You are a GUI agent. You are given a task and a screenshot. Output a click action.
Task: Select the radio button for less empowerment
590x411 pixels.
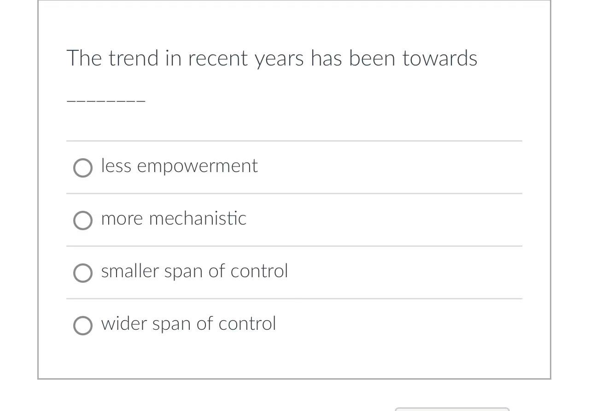coord(83,168)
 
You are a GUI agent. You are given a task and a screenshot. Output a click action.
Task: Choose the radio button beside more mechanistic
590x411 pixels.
coord(83,220)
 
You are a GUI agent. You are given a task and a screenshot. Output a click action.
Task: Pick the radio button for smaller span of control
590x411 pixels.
coord(83,273)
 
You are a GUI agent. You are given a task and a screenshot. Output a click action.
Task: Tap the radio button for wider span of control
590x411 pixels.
coord(83,326)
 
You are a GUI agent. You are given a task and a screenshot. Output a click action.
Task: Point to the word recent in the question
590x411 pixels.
coord(218,59)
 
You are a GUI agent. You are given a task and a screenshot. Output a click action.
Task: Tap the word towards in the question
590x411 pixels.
coord(439,59)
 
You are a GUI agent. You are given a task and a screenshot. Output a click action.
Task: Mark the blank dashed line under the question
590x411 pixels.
coord(106,100)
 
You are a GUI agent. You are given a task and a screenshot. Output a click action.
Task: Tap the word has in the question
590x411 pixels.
coord(326,59)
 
